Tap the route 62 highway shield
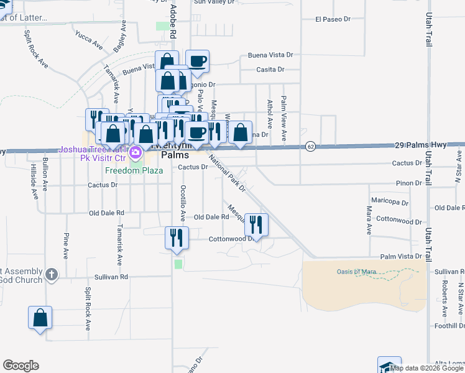(x=310, y=146)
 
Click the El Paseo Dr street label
(x=333, y=19)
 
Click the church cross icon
(x=52, y=274)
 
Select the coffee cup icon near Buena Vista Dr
(x=198, y=61)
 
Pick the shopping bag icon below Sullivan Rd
(x=40, y=317)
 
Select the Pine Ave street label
(x=65, y=246)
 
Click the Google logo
(x=21, y=366)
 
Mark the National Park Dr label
(x=228, y=173)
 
